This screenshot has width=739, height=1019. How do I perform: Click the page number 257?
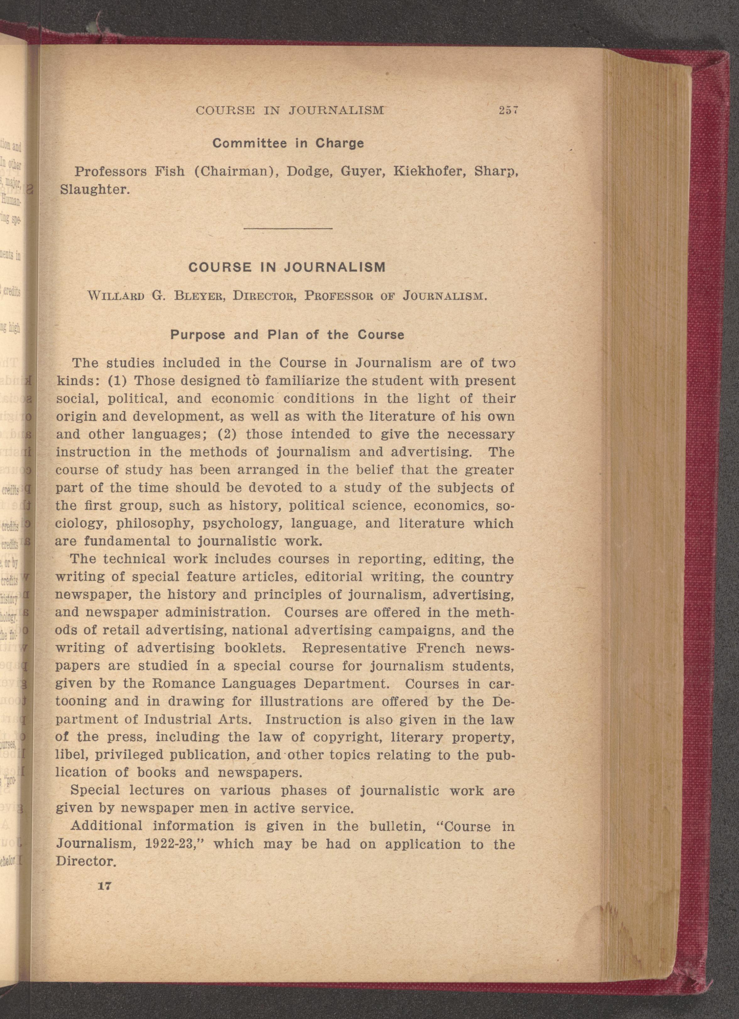click(508, 110)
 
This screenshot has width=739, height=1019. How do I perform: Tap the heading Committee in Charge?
click(288, 143)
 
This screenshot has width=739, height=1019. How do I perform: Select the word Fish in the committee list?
click(170, 172)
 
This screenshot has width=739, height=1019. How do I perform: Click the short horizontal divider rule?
click(288, 229)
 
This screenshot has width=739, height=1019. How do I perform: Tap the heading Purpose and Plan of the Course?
click(287, 335)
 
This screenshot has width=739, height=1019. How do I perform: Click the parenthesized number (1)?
click(118, 381)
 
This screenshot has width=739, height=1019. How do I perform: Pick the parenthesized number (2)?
click(227, 434)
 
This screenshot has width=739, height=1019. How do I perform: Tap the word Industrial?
click(177, 719)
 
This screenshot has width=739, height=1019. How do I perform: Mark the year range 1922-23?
click(171, 844)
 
